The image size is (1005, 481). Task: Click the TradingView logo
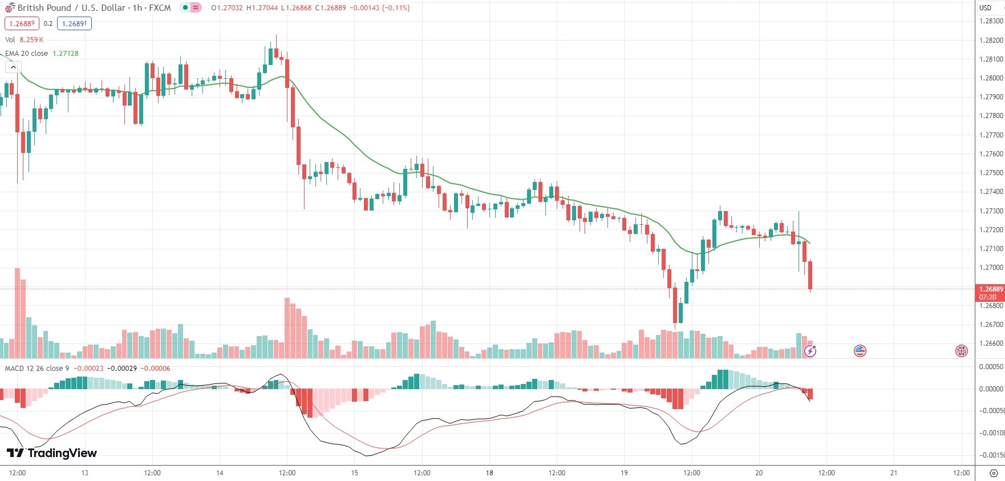[52, 453]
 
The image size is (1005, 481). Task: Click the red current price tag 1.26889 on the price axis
[991, 289]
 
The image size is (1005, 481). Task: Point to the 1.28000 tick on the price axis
[991, 78]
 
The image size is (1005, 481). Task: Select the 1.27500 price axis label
[991, 173]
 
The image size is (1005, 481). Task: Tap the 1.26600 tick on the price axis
[991, 343]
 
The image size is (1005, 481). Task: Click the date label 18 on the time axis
[489, 473]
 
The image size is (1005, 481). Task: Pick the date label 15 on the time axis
[354, 473]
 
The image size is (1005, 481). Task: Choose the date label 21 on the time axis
[894, 473]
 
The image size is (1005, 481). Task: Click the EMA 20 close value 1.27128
[66, 54]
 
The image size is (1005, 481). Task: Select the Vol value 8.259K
[31, 40]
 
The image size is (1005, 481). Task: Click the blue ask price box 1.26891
[74, 24]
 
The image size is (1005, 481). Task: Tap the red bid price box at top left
[22, 24]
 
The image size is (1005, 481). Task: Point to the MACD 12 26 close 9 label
[37, 369]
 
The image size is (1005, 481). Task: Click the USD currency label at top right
[985, 8]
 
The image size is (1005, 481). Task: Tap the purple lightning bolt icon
[810, 351]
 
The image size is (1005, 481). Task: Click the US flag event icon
[860, 351]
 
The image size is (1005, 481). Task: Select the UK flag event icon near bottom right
[962, 351]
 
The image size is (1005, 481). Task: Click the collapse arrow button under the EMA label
[13, 67]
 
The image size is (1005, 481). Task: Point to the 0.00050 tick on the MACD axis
[991, 367]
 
